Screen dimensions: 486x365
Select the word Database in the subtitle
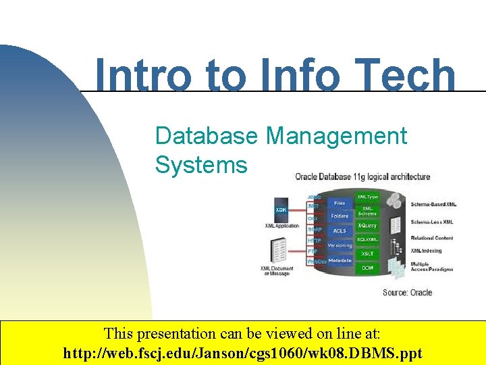(x=207, y=136)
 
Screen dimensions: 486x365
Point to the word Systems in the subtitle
(x=201, y=164)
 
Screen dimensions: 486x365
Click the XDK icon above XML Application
(x=281, y=211)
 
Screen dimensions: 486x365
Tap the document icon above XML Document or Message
(x=277, y=252)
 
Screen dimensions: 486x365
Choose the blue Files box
(x=340, y=203)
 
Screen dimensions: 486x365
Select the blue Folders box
(x=340, y=216)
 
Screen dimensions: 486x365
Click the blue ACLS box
(x=340, y=231)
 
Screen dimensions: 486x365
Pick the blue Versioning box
(x=340, y=246)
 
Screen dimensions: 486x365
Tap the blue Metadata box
(x=340, y=260)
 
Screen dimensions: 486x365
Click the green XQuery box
(x=367, y=225)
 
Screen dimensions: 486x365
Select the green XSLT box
(x=367, y=253)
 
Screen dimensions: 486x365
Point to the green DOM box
(x=367, y=268)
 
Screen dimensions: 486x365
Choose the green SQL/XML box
(x=367, y=239)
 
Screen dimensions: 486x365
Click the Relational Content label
(x=432, y=238)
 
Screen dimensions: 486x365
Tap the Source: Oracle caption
(x=407, y=293)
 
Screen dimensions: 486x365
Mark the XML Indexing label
(x=426, y=251)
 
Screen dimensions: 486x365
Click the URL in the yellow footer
(x=242, y=353)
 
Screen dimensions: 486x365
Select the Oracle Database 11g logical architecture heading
(x=362, y=177)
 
